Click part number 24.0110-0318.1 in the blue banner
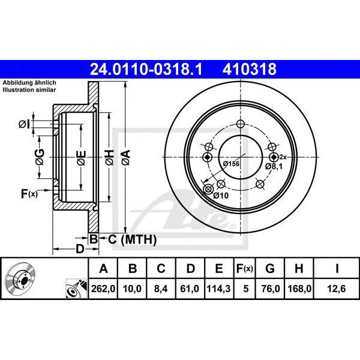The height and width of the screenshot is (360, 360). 146,69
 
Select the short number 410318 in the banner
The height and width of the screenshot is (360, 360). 250,69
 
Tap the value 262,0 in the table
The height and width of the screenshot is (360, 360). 103,289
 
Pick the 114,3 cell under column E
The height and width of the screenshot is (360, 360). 218,289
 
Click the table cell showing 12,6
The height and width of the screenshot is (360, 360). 337,289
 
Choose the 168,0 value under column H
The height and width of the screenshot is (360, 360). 299,289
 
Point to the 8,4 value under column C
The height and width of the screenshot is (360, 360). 161,289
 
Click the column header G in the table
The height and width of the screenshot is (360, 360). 270,268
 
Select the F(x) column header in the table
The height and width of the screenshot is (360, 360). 245,268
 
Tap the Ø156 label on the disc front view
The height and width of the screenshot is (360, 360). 231,164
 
